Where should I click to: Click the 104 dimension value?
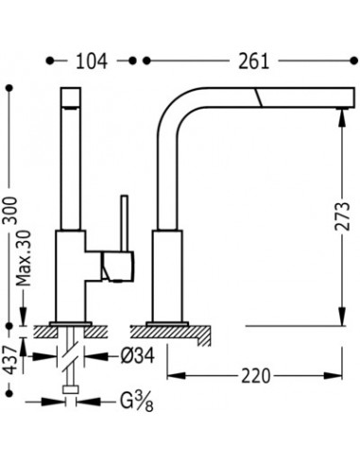pyautogui.click(x=92, y=61)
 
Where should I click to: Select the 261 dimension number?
pyautogui.click(x=253, y=61)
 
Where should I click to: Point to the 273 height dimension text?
pyautogui.click(x=342, y=216)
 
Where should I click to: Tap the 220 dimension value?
pyautogui.click(x=256, y=375)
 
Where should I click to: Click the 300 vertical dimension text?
pyautogui.click(x=10, y=210)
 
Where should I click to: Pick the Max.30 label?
pyautogui.click(x=24, y=258)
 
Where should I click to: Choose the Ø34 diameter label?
pyautogui.click(x=138, y=356)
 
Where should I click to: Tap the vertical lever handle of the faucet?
pyautogui.click(x=125, y=223)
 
